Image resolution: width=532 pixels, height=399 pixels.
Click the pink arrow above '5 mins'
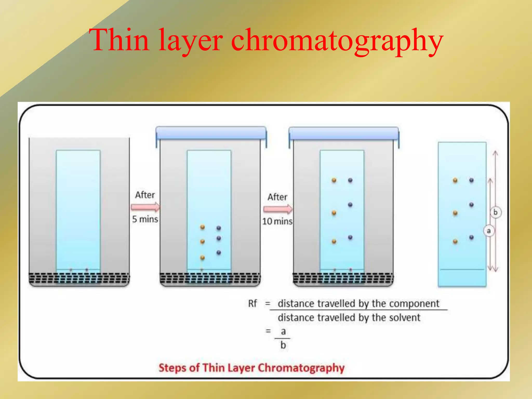(x=145, y=207)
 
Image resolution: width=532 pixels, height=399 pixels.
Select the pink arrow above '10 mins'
(x=278, y=209)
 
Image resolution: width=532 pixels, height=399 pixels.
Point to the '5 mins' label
(x=145, y=219)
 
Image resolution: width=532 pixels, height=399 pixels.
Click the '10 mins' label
(x=277, y=221)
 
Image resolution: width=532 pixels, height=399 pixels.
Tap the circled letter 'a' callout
(x=489, y=231)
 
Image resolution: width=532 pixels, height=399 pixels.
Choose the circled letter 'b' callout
(x=495, y=212)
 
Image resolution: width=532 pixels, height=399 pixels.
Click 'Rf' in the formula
(x=252, y=303)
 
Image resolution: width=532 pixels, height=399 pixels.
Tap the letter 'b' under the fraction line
(x=283, y=345)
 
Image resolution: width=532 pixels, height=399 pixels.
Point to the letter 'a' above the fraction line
(x=283, y=331)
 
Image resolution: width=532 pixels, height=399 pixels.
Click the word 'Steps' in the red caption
(x=172, y=368)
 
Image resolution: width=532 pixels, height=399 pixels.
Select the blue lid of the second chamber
(x=211, y=133)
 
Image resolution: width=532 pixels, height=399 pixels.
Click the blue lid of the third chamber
(x=344, y=134)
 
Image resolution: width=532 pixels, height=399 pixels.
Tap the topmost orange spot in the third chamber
(x=334, y=180)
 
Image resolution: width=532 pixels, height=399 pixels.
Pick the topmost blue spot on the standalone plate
(x=471, y=180)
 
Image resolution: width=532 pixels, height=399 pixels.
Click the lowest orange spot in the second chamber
(x=202, y=258)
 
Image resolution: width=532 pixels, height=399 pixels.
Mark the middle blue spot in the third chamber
(x=350, y=205)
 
